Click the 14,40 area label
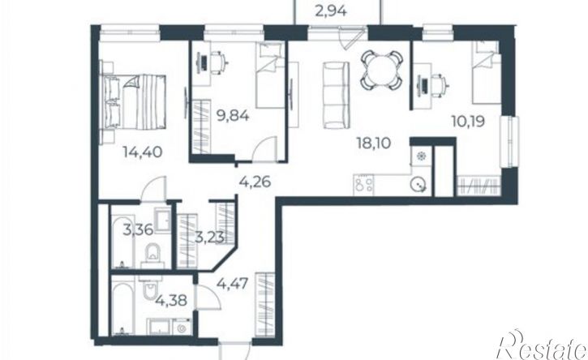[x=143, y=152]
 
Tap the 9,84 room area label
[x=233, y=115]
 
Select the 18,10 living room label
[x=374, y=143]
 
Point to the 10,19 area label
[x=468, y=122]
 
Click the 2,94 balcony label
[x=331, y=11]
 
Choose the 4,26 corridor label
[x=255, y=182]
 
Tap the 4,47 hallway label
[x=233, y=284]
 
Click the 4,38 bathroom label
[x=171, y=300]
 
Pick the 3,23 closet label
[x=210, y=237]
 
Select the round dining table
[x=382, y=70]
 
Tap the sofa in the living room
[x=336, y=95]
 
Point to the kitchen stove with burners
[x=364, y=185]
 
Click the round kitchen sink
[x=418, y=185]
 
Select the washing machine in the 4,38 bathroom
[x=182, y=328]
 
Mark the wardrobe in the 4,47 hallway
[x=264, y=305]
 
